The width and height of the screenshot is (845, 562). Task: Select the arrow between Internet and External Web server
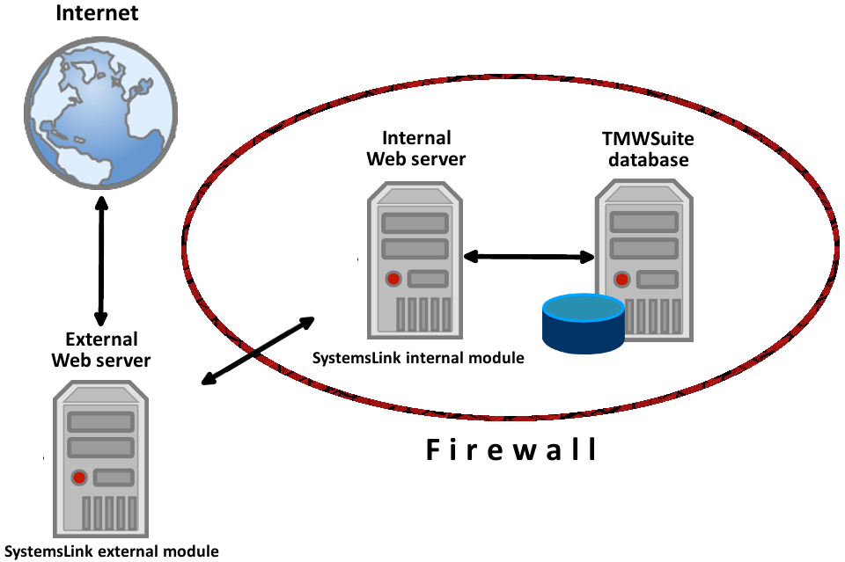(x=101, y=263)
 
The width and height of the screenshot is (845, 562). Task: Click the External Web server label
(x=100, y=350)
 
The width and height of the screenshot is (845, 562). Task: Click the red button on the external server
(x=79, y=478)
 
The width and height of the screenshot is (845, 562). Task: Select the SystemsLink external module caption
(x=109, y=551)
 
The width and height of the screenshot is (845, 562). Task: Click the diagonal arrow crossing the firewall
(x=258, y=350)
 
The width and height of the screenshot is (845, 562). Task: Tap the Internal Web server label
(x=416, y=149)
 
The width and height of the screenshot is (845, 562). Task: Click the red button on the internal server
(x=393, y=280)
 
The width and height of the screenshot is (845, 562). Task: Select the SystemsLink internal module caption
(x=418, y=358)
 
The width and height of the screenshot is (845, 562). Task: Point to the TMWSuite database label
(x=646, y=149)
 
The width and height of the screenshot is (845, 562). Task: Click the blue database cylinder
(x=583, y=320)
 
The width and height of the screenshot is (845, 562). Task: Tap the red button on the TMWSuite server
(x=622, y=280)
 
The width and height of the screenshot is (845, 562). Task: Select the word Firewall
(x=511, y=449)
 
